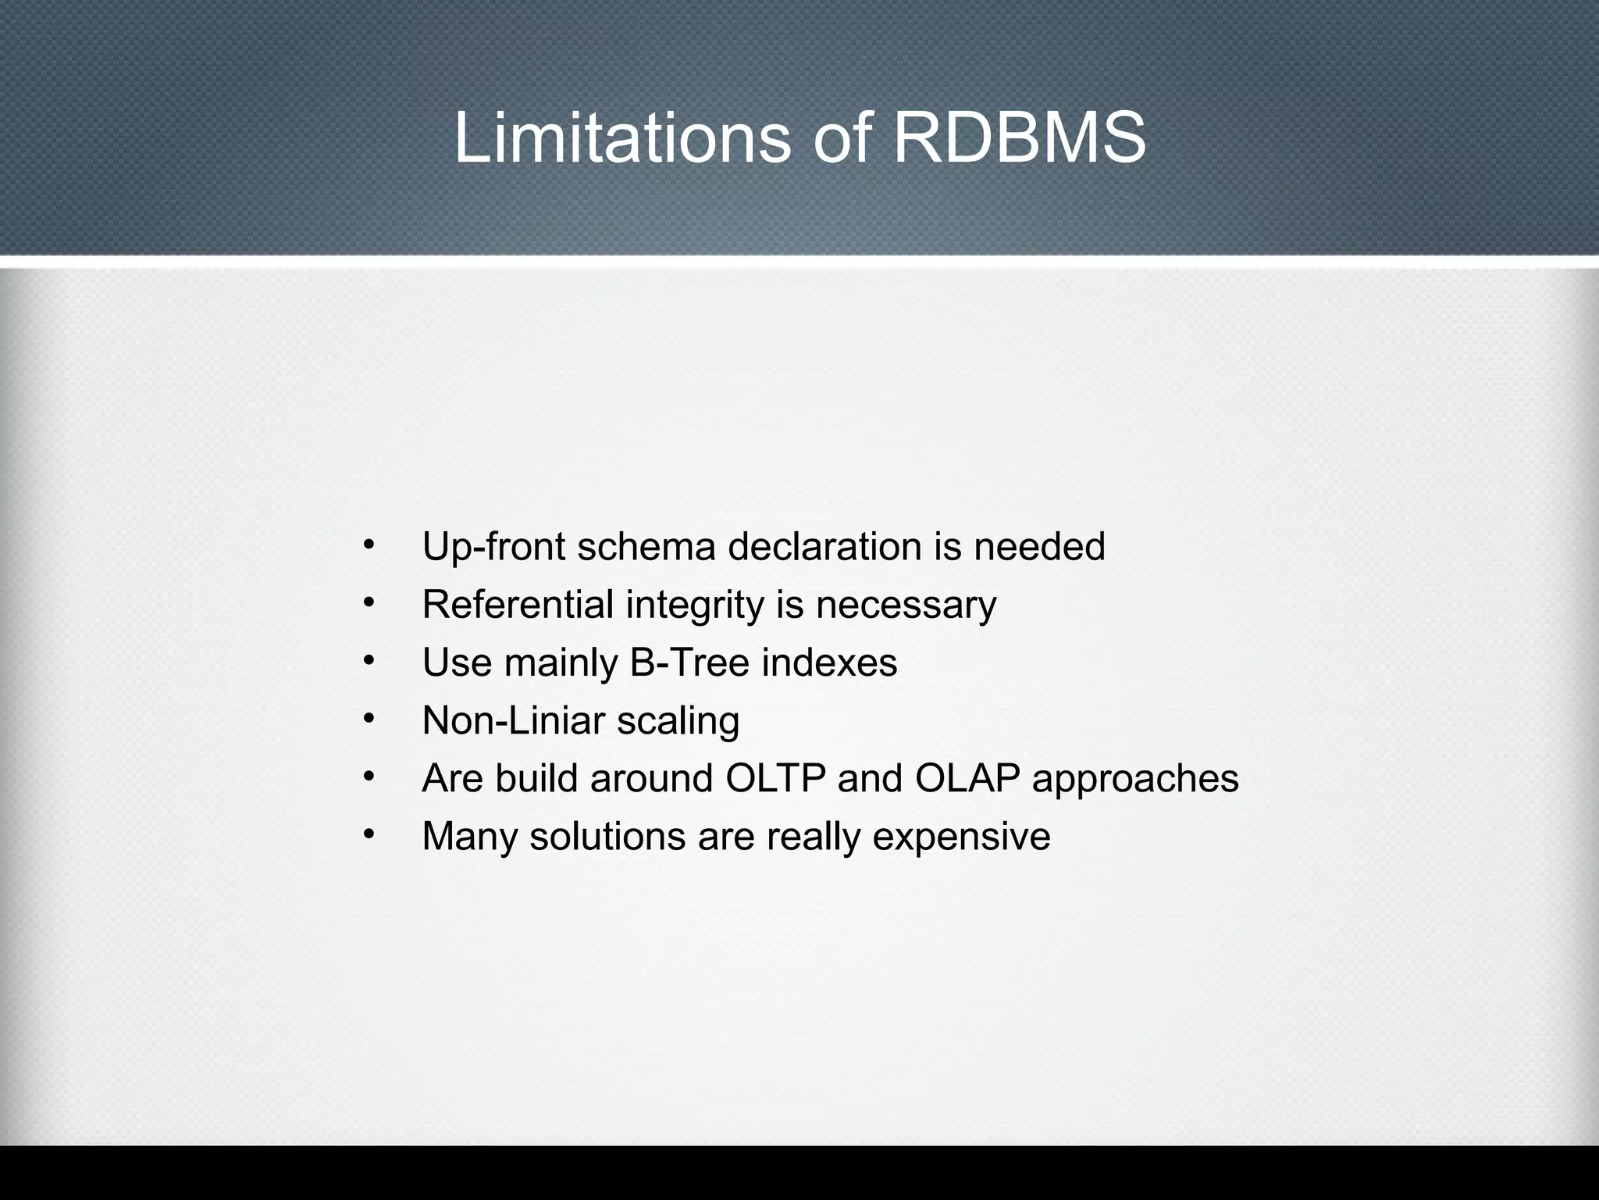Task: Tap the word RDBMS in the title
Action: (x=1019, y=138)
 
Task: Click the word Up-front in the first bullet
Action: (x=493, y=546)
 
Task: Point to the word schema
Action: (x=646, y=546)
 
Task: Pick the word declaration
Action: (x=824, y=546)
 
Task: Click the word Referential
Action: (x=518, y=604)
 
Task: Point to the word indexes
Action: (x=829, y=662)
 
